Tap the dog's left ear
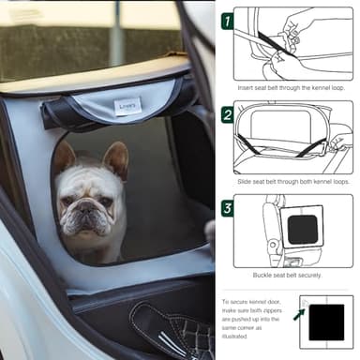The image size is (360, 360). click(x=116, y=158)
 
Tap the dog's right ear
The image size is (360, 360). click(x=63, y=157)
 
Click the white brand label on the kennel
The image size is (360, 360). click(x=127, y=105)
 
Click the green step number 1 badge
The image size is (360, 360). click(x=227, y=19)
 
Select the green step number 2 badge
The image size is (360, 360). click(x=227, y=114)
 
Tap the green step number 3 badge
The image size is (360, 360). click(x=227, y=207)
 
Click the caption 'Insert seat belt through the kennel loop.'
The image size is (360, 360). click(x=292, y=87)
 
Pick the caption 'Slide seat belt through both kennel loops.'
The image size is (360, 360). click(x=292, y=178)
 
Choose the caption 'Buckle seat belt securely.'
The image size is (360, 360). click(x=292, y=274)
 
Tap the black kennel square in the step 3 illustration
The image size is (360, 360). click(x=303, y=229)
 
